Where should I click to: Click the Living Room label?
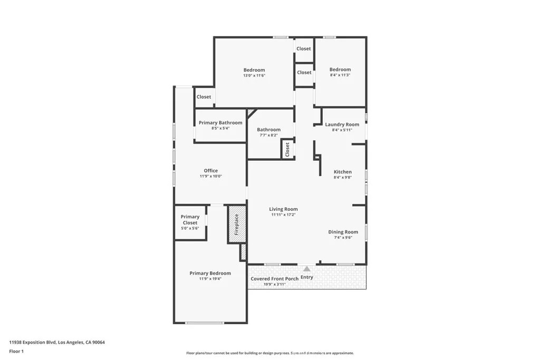pos(283,209)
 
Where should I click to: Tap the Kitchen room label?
pos(343,172)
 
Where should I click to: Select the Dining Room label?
pos(343,232)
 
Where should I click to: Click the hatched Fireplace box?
pos(237,225)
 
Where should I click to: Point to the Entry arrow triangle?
pos(306,269)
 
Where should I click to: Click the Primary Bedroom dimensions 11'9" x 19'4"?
pos(210,279)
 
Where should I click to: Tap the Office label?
pos(211,170)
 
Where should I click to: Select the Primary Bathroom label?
pos(220,122)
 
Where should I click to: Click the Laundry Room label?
pos(342,124)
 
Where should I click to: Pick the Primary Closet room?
pos(190,222)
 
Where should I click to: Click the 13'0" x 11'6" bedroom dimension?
pos(254,75)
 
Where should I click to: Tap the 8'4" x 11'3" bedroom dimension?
pos(340,75)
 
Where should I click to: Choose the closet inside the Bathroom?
pos(287,149)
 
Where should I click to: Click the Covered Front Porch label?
pos(274,279)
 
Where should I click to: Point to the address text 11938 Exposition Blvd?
pos(32,343)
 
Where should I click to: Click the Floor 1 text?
pos(16,352)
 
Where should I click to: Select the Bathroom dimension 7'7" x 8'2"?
pos(268,135)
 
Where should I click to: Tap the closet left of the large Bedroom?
pos(204,96)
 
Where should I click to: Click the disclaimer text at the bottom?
pos(270,353)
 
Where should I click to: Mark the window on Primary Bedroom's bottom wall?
pos(205,323)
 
